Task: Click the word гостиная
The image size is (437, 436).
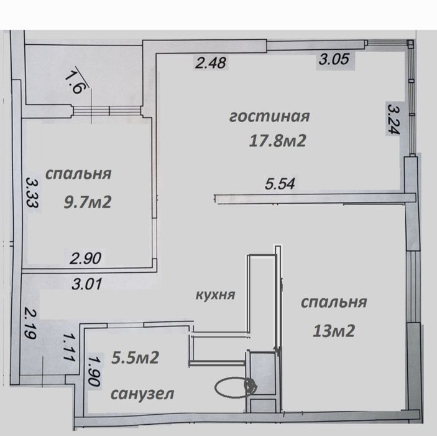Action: (x=269, y=116)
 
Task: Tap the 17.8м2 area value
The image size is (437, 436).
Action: (x=278, y=140)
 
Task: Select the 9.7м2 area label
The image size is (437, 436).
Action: (x=88, y=202)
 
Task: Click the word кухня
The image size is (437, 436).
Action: (x=216, y=295)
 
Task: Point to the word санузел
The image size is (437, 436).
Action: (x=142, y=394)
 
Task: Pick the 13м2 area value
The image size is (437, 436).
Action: (x=334, y=331)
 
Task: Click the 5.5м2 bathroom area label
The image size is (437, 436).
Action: (x=135, y=358)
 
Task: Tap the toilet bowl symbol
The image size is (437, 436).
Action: (x=236, y=387)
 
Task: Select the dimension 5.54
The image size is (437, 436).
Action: (x=280, y=184)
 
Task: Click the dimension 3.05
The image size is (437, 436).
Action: (x=334, y=59)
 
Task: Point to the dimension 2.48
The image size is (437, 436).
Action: (x=210, y=62)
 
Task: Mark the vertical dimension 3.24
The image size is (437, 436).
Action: (x=393, y=119)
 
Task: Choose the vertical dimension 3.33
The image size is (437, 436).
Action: (x=32, y=193)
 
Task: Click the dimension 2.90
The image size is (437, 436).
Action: (x=85, y=258)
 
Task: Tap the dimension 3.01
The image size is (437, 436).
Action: (x=87, y=284)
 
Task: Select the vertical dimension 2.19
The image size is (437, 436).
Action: (x=30, y=323)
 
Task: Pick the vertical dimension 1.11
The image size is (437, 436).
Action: (x=68, y=348)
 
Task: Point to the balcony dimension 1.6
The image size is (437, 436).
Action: (x=74, y=82)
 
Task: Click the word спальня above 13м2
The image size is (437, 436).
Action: (x=334, y=303)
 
